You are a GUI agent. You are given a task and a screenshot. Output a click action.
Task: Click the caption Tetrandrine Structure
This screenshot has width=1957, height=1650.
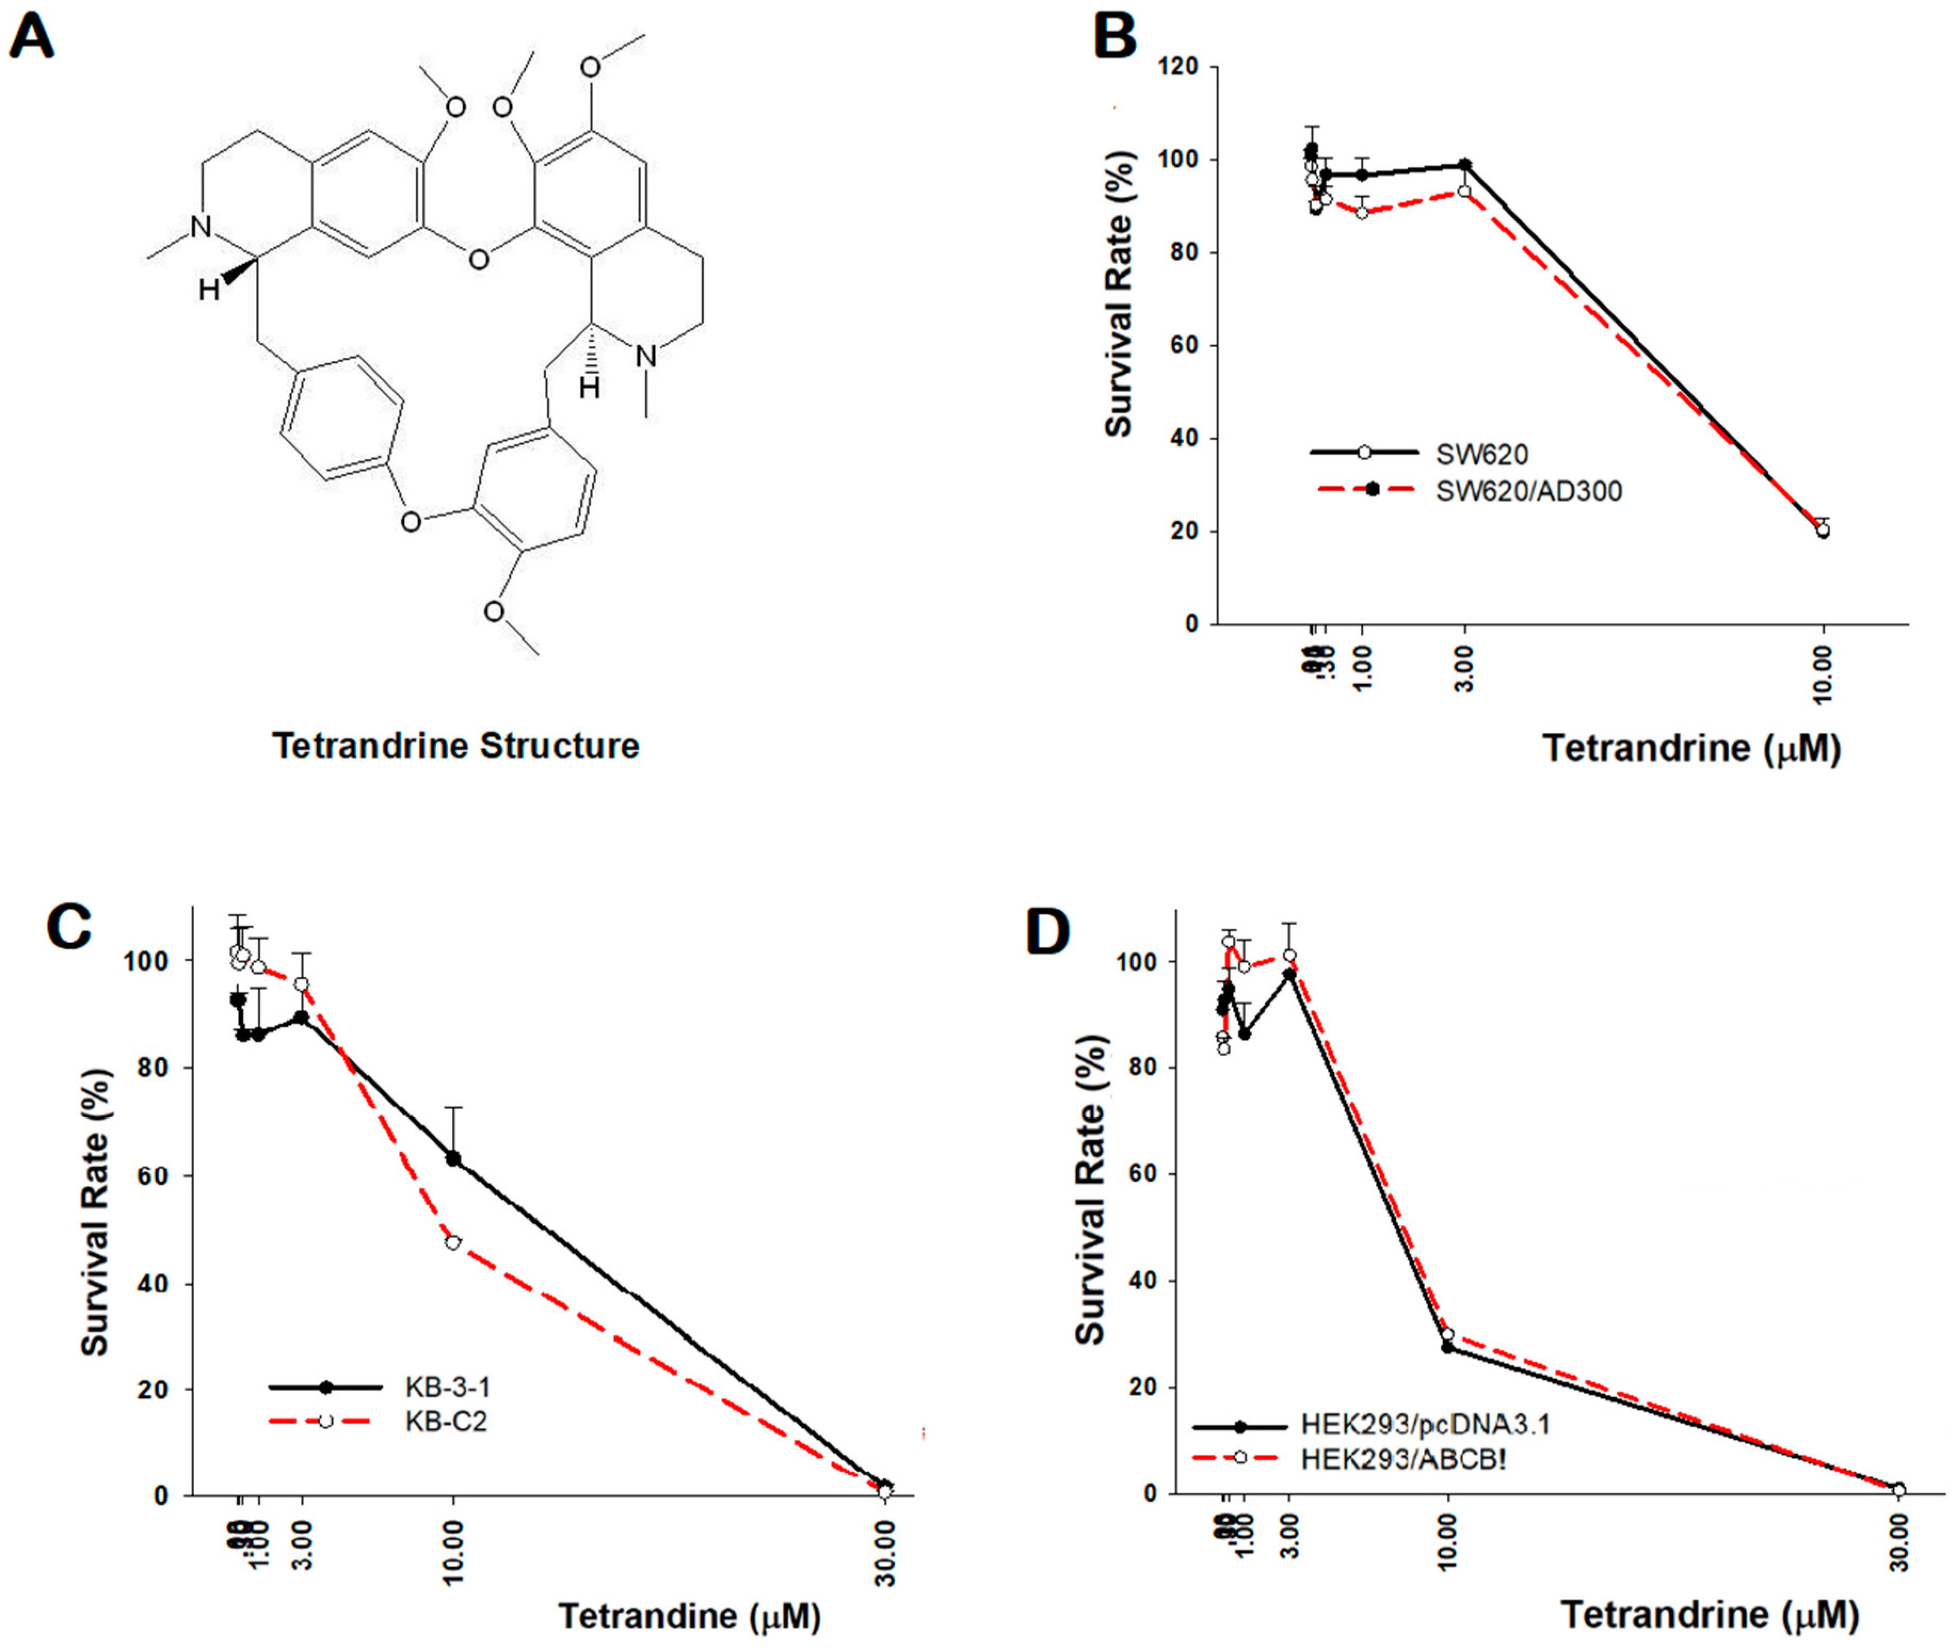click(455, 746)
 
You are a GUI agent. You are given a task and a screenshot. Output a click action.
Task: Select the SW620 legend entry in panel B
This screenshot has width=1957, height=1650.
click(1482, 454)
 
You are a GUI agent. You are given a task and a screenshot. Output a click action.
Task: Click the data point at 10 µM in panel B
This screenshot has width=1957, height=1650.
click(1822, 530)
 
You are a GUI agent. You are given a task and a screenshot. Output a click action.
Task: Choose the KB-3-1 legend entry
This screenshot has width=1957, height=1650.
click(447, 1386)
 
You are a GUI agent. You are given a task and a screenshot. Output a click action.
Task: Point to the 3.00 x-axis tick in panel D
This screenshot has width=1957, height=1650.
click(1289, 1543)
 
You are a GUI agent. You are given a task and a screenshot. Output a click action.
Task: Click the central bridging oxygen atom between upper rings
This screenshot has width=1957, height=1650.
click(478, 259)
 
